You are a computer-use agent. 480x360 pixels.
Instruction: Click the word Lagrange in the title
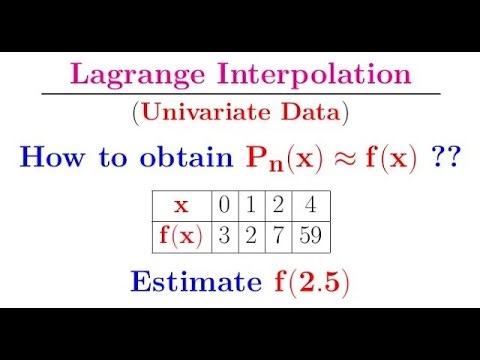click(122, 76)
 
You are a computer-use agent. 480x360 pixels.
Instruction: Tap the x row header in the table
click(181, 206)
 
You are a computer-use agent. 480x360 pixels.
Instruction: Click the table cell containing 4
click(312, 206)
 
